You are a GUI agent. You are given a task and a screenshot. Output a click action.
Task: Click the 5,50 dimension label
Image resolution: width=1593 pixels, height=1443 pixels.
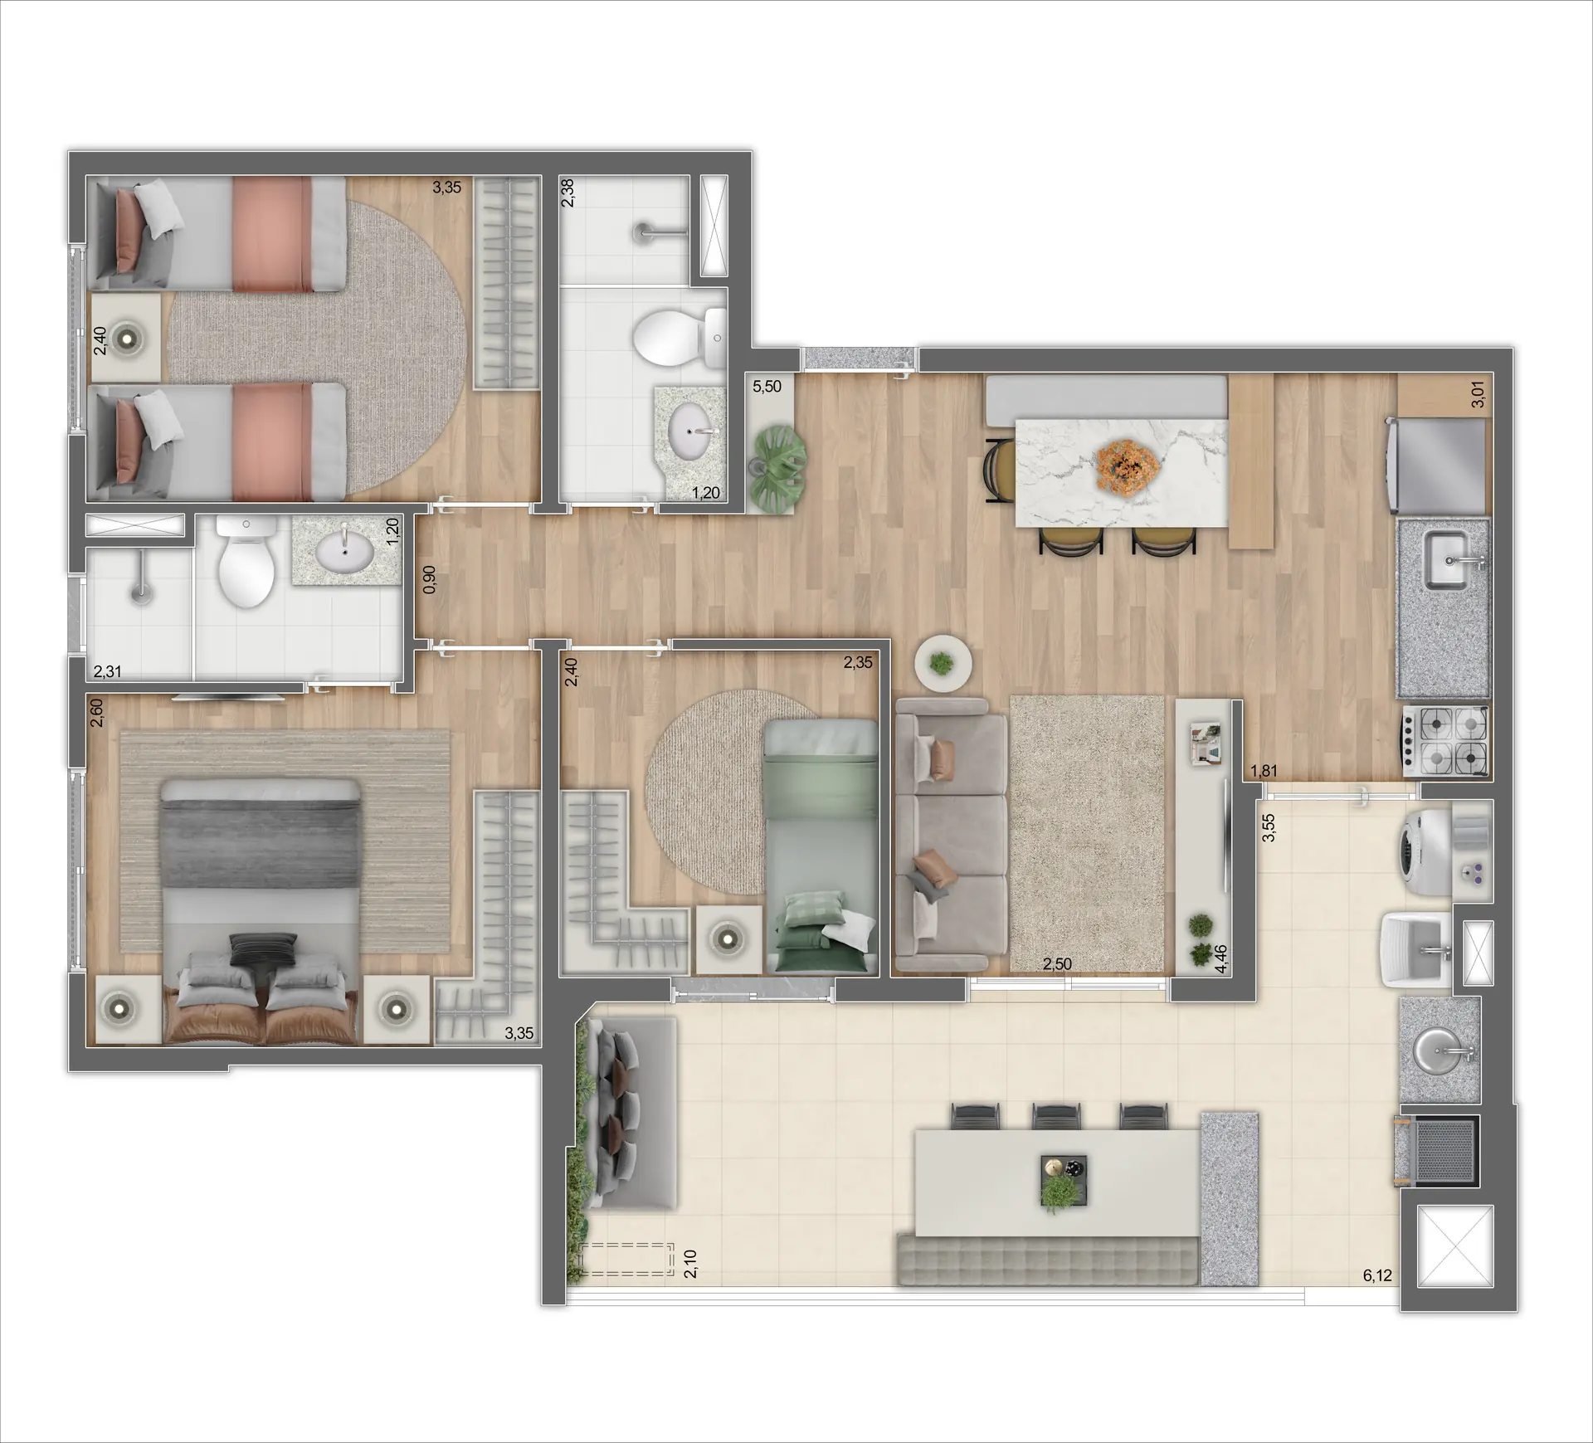point(767,387)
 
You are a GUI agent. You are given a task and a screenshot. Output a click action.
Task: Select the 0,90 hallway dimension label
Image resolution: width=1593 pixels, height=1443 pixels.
point(429,580)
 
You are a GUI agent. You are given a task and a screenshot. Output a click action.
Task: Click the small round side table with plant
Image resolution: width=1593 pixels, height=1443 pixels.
point(943,662)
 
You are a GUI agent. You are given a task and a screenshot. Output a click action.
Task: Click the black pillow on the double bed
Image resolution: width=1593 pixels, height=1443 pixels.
point(262,948)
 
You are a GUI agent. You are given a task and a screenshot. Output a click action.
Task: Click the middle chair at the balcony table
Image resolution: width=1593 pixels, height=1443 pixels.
point(1056,1116)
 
